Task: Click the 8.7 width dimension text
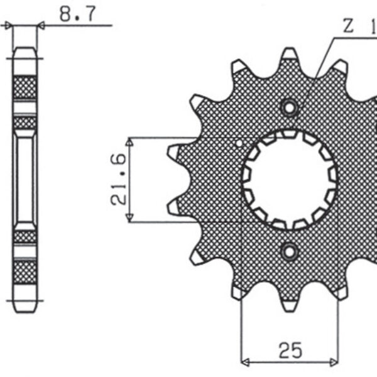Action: pyautogui.click(x=77, y=13)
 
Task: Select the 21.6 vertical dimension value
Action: pyautogui.click(x=120, y=179)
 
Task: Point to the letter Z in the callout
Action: pyautogui.click(x=348, y=26)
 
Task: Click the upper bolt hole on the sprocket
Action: pyautogui.click(x=290, y=108)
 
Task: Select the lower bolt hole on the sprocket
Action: pyautogui.click(x=290, y=252)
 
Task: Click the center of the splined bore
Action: pyautogui.click(x=290, y=180)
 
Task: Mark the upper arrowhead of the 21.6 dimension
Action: pyautogui.click(x=130, y=142)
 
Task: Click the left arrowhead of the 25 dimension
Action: pyautogui.click(x=246, y=362)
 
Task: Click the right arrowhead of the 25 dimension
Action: pyautogui.click(x=334, y=362)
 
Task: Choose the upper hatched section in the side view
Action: pyautogui.click(x=25, y=88)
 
